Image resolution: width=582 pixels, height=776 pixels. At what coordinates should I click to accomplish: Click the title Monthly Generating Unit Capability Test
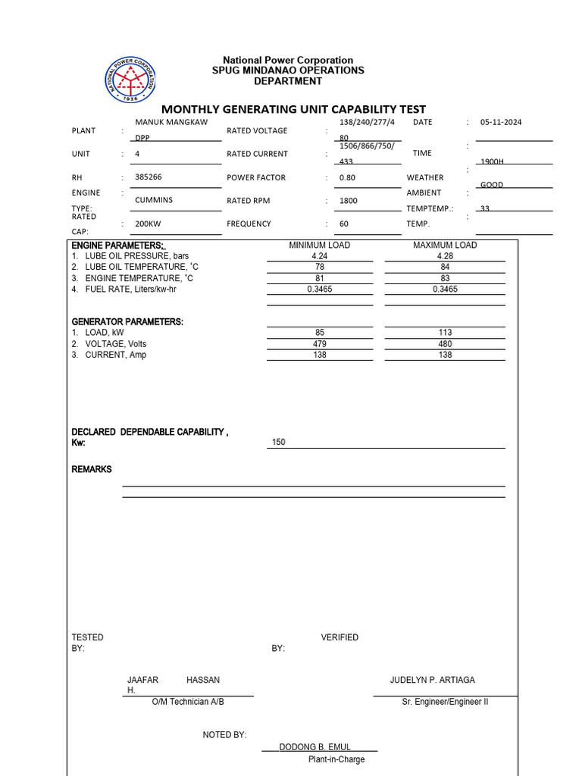coord(293,109)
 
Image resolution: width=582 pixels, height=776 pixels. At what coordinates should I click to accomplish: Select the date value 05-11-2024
coord(501,122)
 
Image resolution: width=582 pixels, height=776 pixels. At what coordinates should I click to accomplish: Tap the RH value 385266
coord(148,177)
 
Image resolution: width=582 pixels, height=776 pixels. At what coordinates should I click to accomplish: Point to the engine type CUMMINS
coord(154,200)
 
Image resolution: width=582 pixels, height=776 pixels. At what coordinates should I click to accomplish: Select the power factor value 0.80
coord(347,177)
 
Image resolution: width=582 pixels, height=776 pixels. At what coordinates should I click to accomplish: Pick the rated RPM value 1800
coord(348,201)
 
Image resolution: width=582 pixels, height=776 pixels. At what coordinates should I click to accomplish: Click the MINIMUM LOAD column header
coord(319,246)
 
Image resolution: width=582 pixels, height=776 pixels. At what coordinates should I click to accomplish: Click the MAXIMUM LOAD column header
coord(445,246)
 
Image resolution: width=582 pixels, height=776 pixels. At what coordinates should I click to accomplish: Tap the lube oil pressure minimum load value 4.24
coord(319,256)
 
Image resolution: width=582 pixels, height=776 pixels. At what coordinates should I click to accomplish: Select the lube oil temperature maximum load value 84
coord(445,268)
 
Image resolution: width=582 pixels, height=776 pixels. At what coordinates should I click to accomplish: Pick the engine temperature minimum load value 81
coord(319,278)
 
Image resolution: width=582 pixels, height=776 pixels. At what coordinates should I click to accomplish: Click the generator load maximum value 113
coord(445,333)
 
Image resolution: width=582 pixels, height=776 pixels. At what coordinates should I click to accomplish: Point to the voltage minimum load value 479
coord(319,344)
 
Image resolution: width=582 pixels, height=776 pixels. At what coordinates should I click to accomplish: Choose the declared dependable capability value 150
coord(278,443)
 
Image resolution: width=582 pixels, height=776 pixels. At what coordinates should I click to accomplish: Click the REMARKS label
coord(92,470)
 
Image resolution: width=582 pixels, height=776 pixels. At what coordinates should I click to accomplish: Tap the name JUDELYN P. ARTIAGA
coord(432,681)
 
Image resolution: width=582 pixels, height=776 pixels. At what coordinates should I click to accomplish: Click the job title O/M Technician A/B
coord(188,702)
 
